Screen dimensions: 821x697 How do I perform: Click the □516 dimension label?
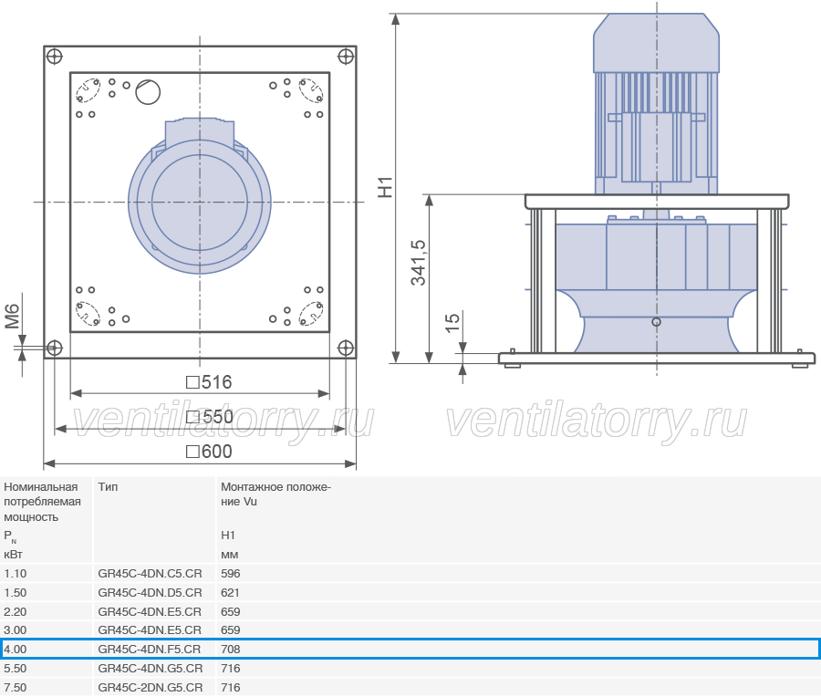coord(209,382)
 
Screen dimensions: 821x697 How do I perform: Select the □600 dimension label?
coord(209,452)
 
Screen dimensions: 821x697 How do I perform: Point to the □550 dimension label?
coord(210,417)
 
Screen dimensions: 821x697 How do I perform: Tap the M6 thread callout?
coord(12,317)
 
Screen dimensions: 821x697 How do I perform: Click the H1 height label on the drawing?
coord(385,187)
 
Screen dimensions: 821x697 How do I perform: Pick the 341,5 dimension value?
coord(419,263)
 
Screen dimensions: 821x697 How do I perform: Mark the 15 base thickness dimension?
coord(452,323)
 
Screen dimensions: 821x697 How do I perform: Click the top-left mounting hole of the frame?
coord(55,56)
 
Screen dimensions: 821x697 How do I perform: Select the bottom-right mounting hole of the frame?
coord(346,348)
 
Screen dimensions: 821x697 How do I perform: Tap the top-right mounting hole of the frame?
coord(346,56)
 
